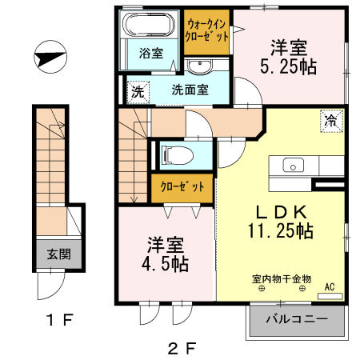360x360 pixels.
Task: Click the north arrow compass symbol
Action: [50, 58]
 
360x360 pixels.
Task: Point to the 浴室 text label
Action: [151, 54]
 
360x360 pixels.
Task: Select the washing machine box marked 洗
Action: [138, 91]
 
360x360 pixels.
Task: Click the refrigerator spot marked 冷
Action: [330, 121]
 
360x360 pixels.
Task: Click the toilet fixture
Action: [175, 153]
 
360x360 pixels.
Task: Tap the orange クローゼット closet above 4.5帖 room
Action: [182, 190]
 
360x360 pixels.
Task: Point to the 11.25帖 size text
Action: [279, 232]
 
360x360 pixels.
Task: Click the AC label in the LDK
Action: [329, 286]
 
